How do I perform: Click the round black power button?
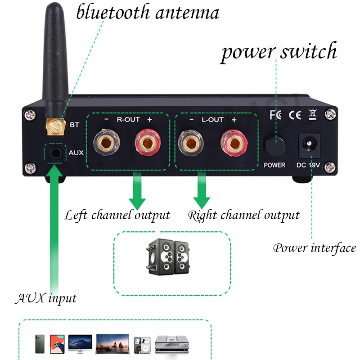274,145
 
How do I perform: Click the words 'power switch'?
279,52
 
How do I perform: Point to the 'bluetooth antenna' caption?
148,12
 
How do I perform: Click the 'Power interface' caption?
315,248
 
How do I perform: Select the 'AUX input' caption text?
46,298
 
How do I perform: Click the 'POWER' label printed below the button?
274,165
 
